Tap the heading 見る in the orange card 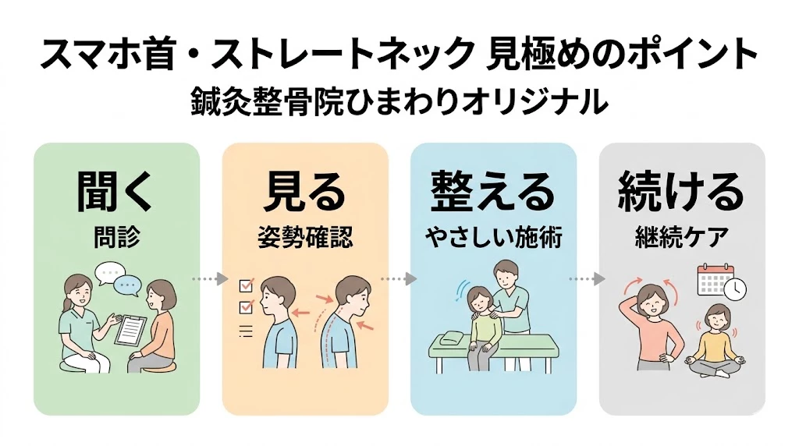click(305, 192)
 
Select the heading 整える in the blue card click(493, 192)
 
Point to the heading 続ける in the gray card click(681, 192)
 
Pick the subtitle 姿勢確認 click(305, 237)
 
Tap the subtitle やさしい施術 click(493, 237)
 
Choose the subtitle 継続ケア click(681, 237)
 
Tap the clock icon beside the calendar click(735, 289)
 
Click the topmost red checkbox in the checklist click(244, 286)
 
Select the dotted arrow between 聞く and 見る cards click(211, 278)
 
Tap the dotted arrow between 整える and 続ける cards click(588, 278)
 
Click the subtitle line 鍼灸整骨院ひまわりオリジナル click(399, 102)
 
